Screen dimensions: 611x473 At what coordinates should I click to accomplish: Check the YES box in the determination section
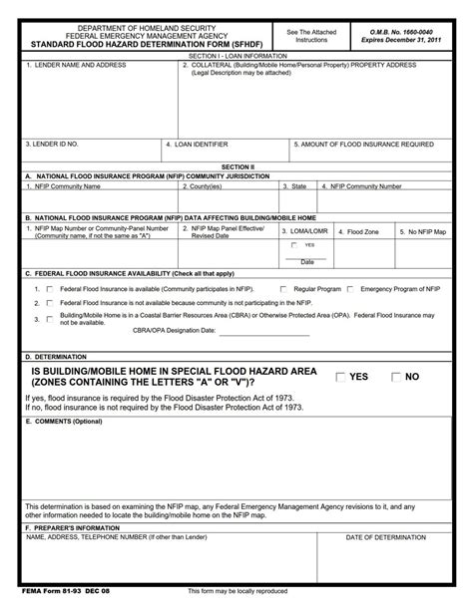pyautogui.click(x=340, y=377)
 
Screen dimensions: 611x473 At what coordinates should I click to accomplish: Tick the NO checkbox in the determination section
pyautogui.click(x=396, y=377)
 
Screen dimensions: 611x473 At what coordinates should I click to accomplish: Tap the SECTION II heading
pyautogui.click(x=236, y=167)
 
